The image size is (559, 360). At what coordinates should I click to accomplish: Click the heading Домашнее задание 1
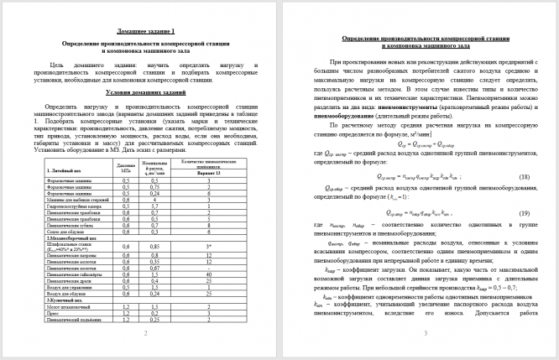click(141, 30)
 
